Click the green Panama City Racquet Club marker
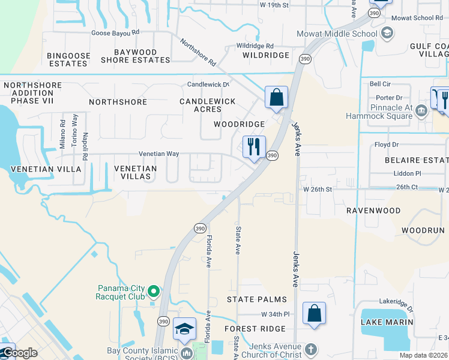154,292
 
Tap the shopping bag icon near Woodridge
276,97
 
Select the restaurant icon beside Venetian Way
254,146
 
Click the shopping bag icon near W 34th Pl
314,313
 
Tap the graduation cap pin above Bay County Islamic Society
184,329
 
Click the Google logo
19,353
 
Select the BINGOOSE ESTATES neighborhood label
67,59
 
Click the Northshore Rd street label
197,52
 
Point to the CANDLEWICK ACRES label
208,106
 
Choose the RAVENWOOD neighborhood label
373,211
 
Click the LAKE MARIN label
387,322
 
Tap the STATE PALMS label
256,299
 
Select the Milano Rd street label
62,134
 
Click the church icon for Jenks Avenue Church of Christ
310,349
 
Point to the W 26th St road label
318,189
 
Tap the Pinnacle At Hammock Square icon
421,110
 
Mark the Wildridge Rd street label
255,46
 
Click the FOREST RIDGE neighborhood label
255,329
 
